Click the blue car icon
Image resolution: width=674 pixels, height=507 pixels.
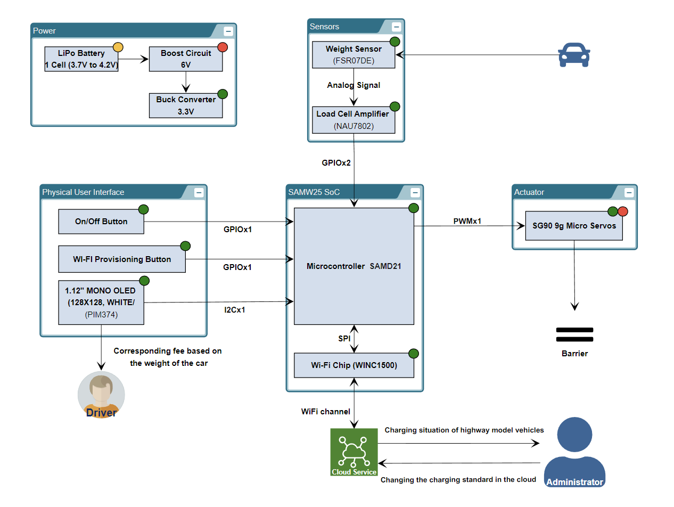pos(574,55)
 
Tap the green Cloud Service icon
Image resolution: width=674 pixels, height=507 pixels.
pos(354,452)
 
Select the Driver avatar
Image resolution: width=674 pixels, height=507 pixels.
pos(101,395)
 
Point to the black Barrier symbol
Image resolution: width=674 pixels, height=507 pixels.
pos(574,334)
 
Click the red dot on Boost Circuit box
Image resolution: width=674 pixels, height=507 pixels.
pos(223,47)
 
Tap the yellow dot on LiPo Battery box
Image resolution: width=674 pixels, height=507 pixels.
pos(118,47)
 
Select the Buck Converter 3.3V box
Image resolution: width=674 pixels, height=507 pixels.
pos(186,105)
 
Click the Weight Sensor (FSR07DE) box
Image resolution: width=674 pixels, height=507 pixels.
pos(354,55)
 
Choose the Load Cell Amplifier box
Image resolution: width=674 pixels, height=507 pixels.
pos(354,120)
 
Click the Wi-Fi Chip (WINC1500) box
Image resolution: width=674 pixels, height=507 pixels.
pos(354,365)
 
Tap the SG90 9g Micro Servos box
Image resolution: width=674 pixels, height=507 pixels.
pos(574,226)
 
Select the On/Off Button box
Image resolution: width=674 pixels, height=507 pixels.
pos(101,222)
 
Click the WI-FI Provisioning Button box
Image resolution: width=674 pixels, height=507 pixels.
pos(122,259)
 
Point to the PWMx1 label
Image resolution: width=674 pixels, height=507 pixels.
pos(467,220)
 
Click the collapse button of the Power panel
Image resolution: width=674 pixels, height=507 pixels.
pos(228,30)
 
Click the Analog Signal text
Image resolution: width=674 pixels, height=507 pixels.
pos(354,85)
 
